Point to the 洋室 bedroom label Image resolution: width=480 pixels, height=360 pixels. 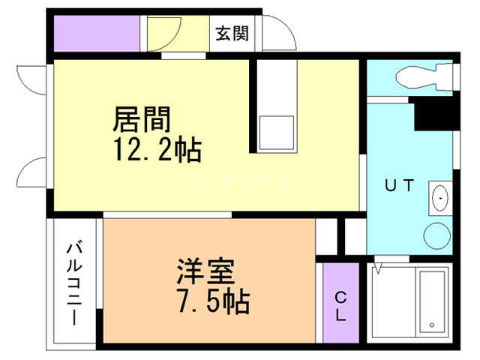(206, 270)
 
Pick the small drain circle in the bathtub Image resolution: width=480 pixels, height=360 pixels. (433, 325)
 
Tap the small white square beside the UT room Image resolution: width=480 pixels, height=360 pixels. (353, 235)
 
